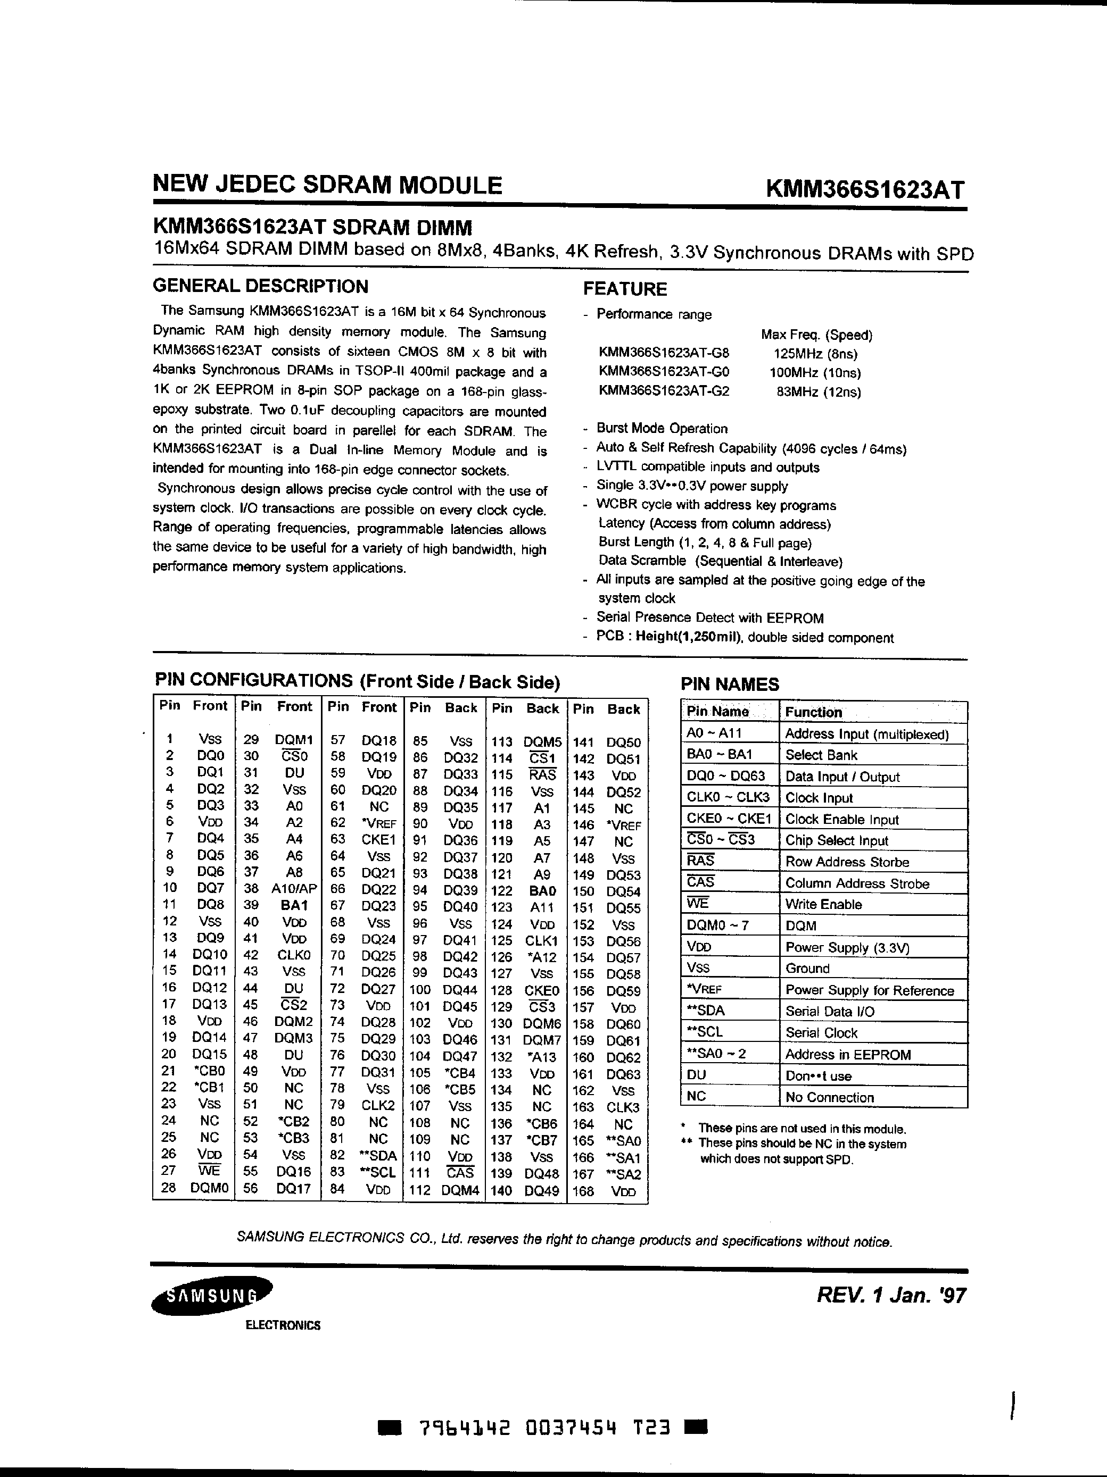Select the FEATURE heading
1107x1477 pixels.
pos(625,289)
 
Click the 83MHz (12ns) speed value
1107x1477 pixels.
pos(819,392)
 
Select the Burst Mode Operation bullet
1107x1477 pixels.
pos(662,429)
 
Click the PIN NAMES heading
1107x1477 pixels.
pos(730,685)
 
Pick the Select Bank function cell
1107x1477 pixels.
pos(821,755)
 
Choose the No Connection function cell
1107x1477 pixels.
pos(829,1097)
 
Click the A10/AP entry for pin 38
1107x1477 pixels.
pos(294,889)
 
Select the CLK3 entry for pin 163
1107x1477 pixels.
pos(623,1107)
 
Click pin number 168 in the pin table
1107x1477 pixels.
pos(583,1191)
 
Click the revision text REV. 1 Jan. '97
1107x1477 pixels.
pos(890,1296)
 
